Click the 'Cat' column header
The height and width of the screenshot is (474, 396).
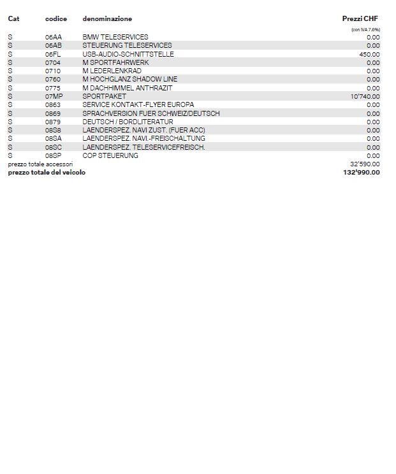point(13,19)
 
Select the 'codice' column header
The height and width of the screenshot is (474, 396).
point(56,19)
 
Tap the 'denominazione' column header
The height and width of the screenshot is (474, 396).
point(107,19)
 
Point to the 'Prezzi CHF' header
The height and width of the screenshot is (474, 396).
point(360,19)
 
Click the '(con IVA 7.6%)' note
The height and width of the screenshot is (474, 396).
point(365,30)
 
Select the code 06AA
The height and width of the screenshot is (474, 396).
point(54,37)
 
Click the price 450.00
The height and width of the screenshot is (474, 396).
point(369,54)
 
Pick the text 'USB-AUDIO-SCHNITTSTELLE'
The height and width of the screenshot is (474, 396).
point(128,54)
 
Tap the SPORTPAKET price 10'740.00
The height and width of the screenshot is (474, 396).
point(365,96)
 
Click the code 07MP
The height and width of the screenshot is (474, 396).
point(54,96)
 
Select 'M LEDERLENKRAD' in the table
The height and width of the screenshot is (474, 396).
point(112,71)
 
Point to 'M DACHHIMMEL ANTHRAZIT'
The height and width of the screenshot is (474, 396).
point(128,88)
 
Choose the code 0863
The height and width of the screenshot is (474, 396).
point(53,104)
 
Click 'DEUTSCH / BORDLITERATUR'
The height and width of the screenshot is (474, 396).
point(128,122)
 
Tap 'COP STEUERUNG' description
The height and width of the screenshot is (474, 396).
point(110,155)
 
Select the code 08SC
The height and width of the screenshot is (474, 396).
point(54,147)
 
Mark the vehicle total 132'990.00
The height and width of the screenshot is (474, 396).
point(362,172)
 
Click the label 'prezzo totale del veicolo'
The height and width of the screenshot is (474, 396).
point(47,172)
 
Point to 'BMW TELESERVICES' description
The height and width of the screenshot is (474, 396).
point(115,37)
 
